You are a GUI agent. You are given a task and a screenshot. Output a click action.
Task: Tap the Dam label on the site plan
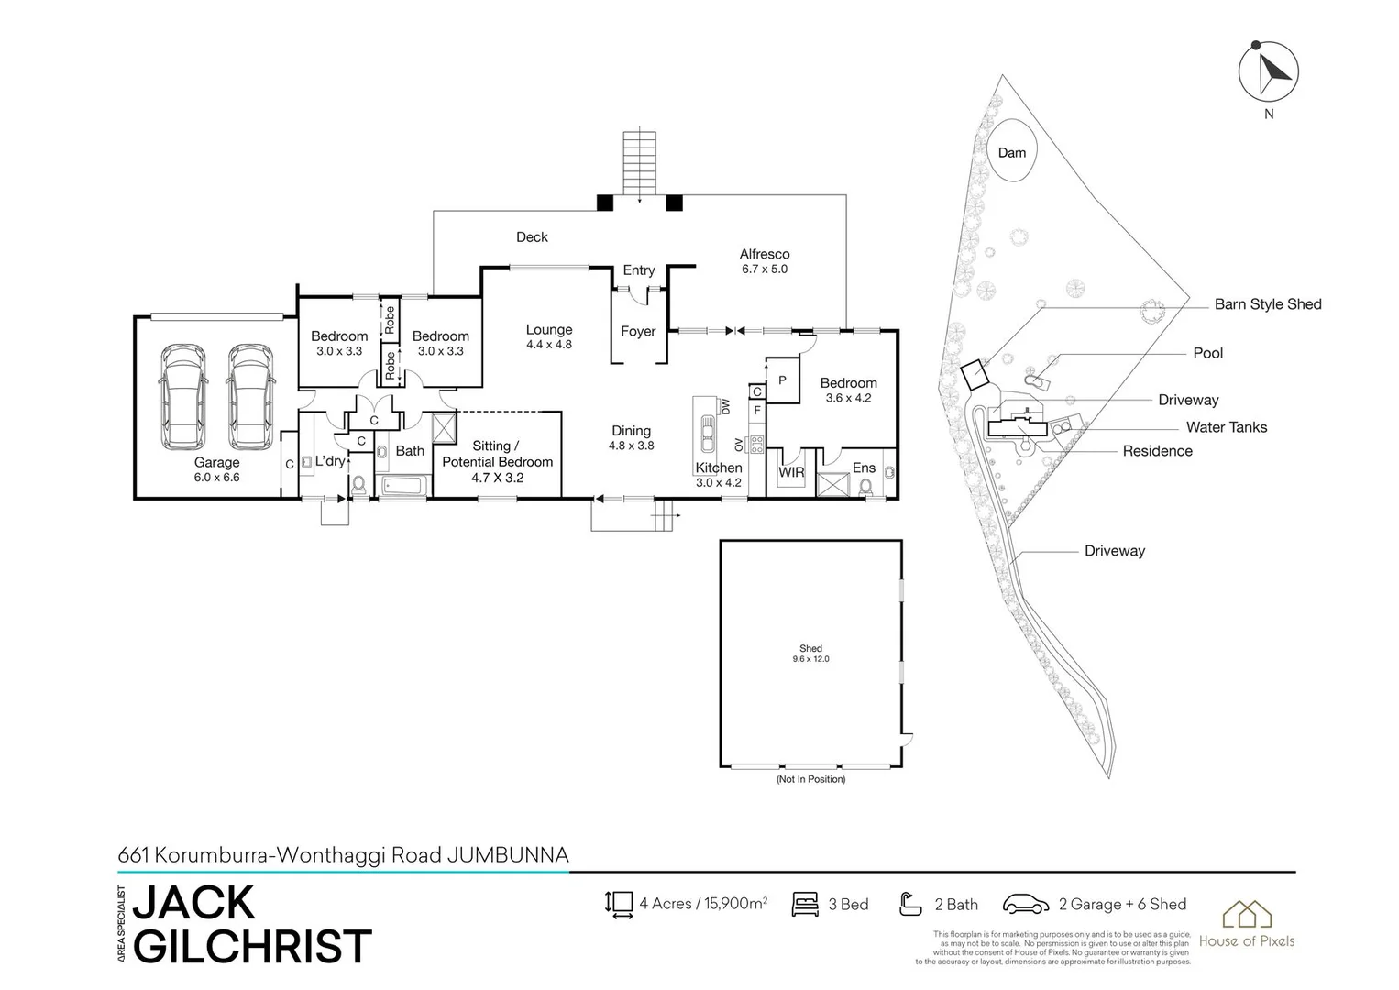point(1011,153)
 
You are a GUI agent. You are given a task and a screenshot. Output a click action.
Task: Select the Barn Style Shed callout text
point(1267,304)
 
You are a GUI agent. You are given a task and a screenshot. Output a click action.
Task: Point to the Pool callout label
point(1207,353)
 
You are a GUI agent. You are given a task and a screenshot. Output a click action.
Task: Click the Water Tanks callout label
point(1226,427)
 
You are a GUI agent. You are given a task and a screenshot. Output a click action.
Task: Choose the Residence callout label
point(1157,451)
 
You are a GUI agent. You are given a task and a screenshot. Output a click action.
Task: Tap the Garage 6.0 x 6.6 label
point(216,469)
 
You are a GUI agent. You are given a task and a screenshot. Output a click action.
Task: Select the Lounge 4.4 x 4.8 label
point(549,336)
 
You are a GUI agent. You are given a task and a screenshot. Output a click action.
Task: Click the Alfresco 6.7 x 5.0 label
point(765,261)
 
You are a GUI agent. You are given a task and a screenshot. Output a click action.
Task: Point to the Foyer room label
point(638,331)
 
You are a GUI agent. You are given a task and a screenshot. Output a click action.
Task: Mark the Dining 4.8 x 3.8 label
point(631,437)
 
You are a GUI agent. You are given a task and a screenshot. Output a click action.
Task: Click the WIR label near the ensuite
point(791,472)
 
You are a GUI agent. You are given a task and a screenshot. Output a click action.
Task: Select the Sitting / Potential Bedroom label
point(497,461)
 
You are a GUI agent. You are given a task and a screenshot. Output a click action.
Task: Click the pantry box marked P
point(782,380)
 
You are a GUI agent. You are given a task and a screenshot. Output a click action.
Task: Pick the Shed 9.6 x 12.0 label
point(810,653)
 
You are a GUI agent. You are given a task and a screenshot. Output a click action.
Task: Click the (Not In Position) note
point(810,779)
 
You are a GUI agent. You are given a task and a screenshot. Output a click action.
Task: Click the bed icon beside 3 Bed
point(804,904)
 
